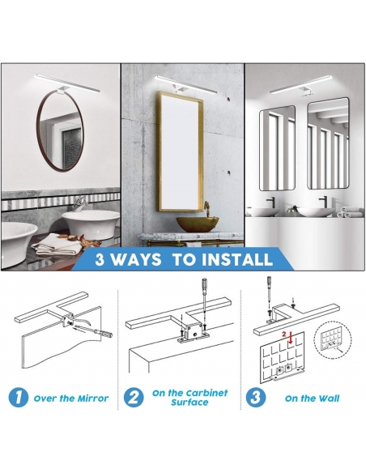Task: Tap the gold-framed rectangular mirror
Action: click(x=158, y=151)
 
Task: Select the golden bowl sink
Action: click(x=198, y=224)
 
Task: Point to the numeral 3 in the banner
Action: click(x=100, y=259)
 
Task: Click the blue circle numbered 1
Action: click(x=19, y=398)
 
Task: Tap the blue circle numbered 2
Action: click(x=134, y=398)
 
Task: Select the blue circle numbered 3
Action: click(x=256, y=398)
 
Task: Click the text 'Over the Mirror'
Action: click(x=71, y=398)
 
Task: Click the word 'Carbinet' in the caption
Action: click(x=206, y=393)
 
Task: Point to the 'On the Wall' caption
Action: click(x=312, y=398)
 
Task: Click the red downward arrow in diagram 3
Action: click(x=291, y=339)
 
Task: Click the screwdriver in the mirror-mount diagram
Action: click(x=93, y=330)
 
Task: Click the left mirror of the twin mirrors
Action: click(x=278, y=147)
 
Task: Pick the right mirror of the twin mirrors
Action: click(x=328, y=143)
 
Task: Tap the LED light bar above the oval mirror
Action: click(x=67, y=83)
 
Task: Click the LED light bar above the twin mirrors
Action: click(x=302, y=84)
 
